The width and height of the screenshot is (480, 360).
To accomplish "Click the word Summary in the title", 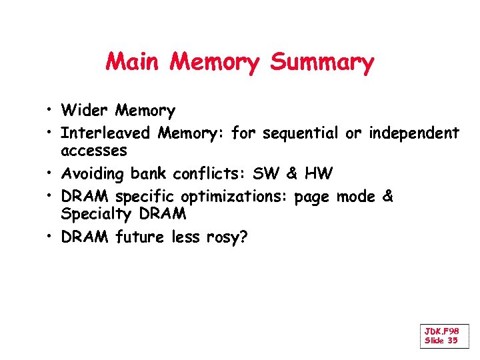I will [322, 63].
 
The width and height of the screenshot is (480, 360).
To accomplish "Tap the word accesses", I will [93, 151].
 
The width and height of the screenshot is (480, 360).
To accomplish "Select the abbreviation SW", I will [262, 175].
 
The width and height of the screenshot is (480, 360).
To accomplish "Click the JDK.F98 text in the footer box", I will [442, 331].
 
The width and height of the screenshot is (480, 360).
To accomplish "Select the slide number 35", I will [452, 341].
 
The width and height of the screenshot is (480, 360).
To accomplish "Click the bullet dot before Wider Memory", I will [50, 111].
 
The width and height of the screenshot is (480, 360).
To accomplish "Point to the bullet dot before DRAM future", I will [50, 238].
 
